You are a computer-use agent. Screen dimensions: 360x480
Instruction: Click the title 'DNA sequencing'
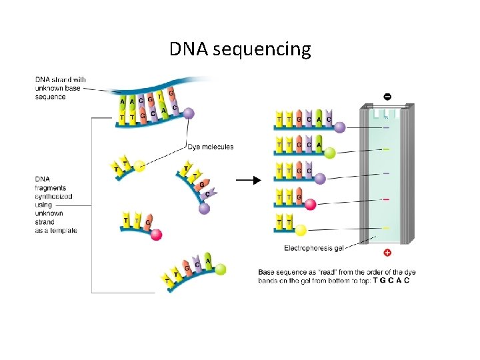click(240, 49)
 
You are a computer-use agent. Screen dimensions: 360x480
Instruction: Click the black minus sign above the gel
click(387, 97)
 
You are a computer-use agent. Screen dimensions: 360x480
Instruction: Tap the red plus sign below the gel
click(387, 253)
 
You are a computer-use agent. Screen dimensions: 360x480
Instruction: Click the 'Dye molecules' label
click(211, 147)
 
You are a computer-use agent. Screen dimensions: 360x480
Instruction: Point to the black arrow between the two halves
click(247, 180)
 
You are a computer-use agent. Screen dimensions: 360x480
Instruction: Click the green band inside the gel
click(386, 149)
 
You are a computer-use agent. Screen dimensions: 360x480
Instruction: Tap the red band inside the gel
click(386, 199)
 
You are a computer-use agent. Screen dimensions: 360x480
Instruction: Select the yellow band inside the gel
click(386, 227)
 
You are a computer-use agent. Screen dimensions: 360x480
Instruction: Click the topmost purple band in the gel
click(386, 127)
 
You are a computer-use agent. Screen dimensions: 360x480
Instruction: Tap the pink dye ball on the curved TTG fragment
click(156, 235)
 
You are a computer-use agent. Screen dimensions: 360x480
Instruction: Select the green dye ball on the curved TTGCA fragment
click(220, 269)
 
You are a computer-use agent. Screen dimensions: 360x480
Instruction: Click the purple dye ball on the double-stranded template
click(189, 114)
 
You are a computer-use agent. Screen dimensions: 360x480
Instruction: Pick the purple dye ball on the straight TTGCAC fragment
click(340, 127)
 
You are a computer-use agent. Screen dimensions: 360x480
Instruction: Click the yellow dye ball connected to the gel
click(301, 230)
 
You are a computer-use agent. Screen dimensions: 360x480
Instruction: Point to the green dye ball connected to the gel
click(329, 153)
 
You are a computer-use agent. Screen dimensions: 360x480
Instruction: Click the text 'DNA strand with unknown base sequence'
click(60, 88)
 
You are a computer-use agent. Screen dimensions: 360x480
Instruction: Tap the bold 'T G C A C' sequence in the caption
click(391, 280)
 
